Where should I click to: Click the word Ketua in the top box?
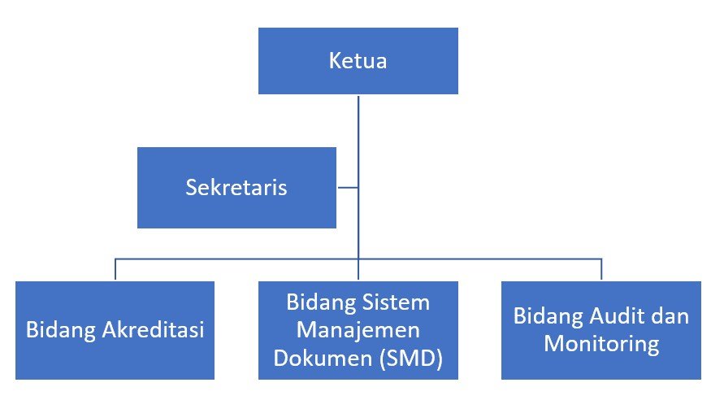click(x=358, y=61)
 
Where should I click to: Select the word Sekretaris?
click(x=236, y=188)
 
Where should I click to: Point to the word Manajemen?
click(x=358, y=331)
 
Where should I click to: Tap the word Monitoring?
click(x=601, y=344)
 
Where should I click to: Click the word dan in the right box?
click(x=671, y=316)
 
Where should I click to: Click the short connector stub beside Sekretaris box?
click(x=347, y=188)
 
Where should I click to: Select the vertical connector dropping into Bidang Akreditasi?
click(x=115, y=270)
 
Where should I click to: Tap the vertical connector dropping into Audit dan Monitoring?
click(x=601, y=270)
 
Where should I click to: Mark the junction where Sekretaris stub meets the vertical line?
click(x=358, y=188)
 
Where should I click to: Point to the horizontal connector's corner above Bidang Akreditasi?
click(x=115, y=259)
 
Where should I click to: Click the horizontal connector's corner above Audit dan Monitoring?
click(x=601, y=259)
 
